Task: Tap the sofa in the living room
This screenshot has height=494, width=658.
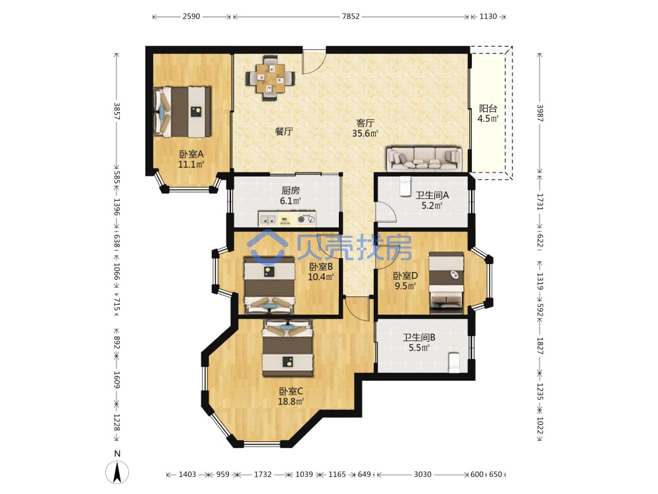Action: tap(424, 159)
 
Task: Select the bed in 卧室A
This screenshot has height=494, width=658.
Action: tap(182, 112)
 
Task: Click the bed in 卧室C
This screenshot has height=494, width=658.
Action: tap(288, 348)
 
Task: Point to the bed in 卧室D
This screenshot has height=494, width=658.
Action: tap(446, 283)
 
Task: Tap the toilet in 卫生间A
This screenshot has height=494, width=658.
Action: tap(405, 186)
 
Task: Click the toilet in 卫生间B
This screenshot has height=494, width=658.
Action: tap(454, 362)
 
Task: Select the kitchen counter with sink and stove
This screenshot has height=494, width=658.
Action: tap(287, 219)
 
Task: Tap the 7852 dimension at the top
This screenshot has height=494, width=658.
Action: tap(351, 16)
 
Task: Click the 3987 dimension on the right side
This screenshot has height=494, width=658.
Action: tap(540, 113)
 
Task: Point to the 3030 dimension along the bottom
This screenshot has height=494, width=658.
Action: tap(422, 474)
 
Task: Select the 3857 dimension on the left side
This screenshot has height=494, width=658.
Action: tap(117, 111)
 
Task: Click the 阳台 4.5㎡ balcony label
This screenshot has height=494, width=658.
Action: tap(488, 113)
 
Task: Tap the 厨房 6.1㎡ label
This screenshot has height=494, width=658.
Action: tap(290, 196)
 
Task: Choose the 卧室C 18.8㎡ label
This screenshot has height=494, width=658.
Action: tap(291, 396)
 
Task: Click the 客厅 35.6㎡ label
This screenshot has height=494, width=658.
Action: tap(365, 128)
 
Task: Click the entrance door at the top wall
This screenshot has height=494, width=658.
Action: tap(315, 62)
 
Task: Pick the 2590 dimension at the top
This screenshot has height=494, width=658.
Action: tap(191, 16)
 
